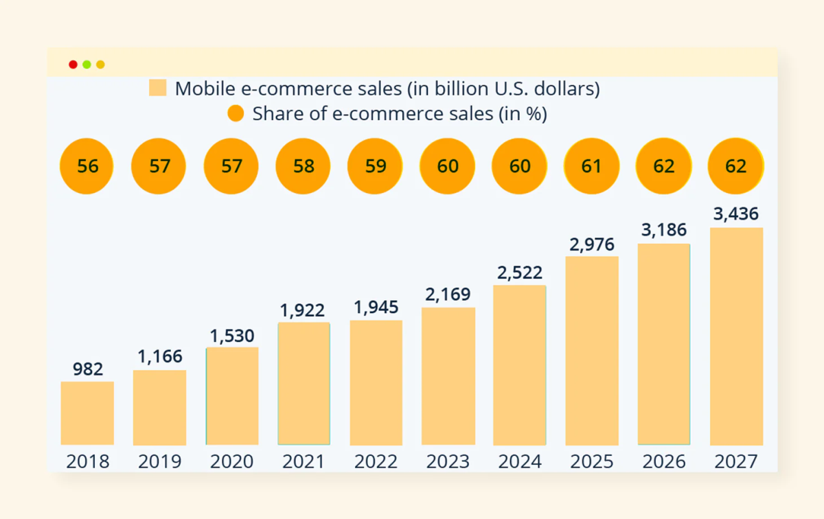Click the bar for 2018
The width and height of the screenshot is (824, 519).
(x=87, y=413)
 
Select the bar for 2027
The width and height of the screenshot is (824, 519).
(x=736, y=336)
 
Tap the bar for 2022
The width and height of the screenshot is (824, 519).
(x=376, y=382)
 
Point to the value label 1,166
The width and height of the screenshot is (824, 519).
(x=159, y=357)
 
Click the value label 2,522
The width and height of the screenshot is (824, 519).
(x=519, y=273)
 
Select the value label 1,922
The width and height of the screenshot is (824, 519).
(x=303, y=310)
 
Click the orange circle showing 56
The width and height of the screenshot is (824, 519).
(x=87, y=166)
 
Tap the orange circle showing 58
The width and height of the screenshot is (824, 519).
(x=303, y=166)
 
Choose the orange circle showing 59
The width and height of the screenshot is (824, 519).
(x=376, y=166)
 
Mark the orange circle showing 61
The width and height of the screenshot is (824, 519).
(x=591, y=166)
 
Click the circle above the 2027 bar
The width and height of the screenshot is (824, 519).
(x=735, y=166)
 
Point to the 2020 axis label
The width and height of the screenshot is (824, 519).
(x=231, y=461)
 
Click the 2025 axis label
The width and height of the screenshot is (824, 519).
(x=591, y=461)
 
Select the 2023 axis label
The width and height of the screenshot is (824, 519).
(x=448, y=461)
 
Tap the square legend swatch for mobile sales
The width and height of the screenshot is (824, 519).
(x=158, y=88)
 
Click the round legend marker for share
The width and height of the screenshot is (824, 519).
(x=236, y=113)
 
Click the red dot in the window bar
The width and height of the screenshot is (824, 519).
(x=73, y=65)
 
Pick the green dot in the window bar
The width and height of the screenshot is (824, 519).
(x=87, y=65)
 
